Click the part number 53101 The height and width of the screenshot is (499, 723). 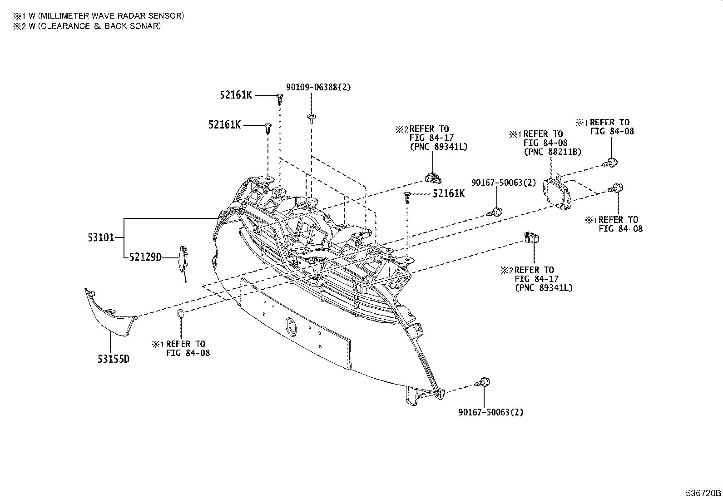point(100,237)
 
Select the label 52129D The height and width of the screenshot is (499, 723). point(145,257)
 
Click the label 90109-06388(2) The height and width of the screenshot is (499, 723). point(318,87)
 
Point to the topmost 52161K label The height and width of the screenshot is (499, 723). point(236,95)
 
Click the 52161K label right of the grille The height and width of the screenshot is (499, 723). point(449,194)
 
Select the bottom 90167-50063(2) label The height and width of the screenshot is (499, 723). point(491,413)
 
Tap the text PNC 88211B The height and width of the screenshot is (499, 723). point(552,152)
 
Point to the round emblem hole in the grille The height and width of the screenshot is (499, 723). point(289,326)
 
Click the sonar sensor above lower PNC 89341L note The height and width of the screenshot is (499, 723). point(531,237)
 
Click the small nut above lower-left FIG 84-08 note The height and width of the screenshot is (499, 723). point(180,313)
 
